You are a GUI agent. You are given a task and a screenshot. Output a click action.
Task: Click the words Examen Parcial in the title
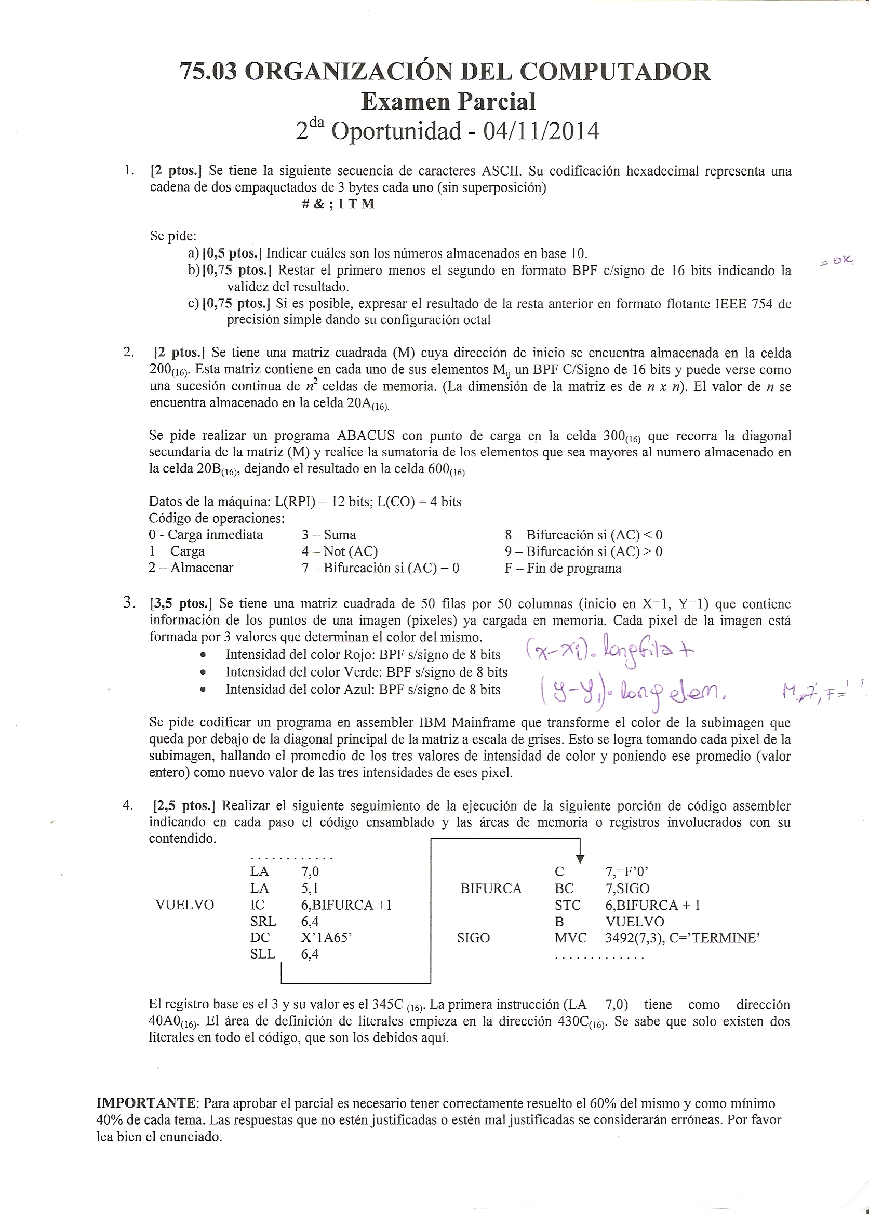click(448, 101)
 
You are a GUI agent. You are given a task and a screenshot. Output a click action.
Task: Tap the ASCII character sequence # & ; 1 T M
click(338, 204)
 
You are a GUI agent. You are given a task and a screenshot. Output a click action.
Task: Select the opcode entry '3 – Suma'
click(329, 535)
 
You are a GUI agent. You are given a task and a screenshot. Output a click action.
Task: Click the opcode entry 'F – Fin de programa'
click(563, 568)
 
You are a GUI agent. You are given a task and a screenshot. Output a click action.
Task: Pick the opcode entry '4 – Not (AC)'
click(339, 551)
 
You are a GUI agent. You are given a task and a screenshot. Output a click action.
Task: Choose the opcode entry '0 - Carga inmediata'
click(206, 535)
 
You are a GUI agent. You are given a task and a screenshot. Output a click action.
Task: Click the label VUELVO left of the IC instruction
click(184, 905)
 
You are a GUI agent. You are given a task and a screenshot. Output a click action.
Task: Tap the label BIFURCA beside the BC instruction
click(491, 888)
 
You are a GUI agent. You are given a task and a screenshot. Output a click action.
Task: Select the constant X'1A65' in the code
click(326, 938)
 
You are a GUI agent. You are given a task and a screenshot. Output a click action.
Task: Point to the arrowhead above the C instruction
click(581, 859)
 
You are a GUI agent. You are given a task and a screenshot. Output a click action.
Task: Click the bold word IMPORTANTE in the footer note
click(147, 1103)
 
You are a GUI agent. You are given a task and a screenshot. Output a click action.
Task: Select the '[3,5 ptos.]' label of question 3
click(181, 604)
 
